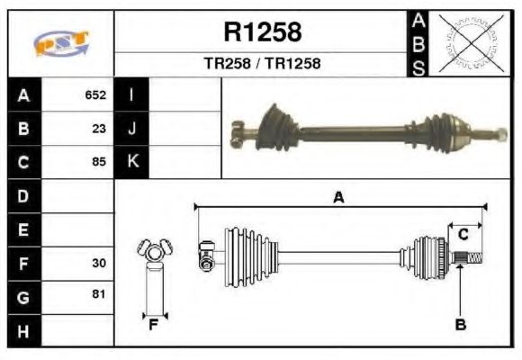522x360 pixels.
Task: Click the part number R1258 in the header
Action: tap(262, 32)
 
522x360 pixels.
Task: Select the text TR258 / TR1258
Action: tap(262, 64)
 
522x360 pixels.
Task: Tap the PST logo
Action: tap(60, 42)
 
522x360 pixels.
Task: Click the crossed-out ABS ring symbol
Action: tap(467, 42)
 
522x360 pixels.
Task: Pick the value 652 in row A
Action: tap(95, 95)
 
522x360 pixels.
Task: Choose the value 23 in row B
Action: tap(99, 129)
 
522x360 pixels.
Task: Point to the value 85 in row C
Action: tap(99, 163)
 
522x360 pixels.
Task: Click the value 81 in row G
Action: tap(99, 294)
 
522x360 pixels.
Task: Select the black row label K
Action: tap(131, 162)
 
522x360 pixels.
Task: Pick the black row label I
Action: tap(131, 95)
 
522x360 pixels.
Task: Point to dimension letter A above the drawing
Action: tap(338, 198)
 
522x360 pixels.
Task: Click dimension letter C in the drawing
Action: tap(463, 235)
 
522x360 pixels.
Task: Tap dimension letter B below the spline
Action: tap(460, 325)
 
